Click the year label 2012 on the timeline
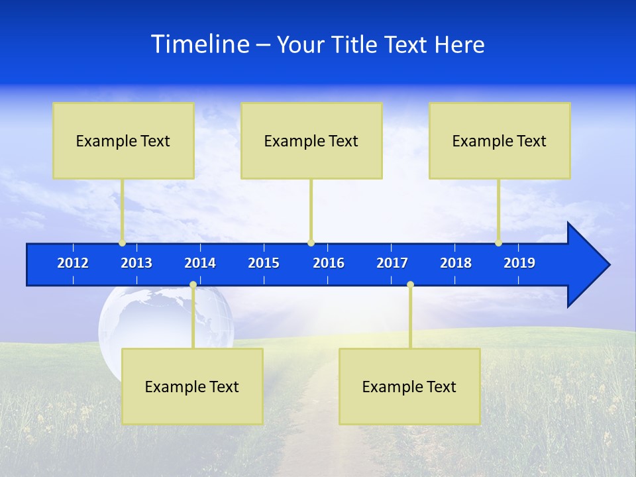(x=73, y=263)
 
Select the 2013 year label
(x=136, y=263)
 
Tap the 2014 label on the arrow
(x=200, y=263)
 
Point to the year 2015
(x=264, y=263)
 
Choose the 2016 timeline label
(x=329, y=263)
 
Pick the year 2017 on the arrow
(x=392, y=263)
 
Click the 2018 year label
(x=456, y=263)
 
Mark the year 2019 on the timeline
(x=519, y=263)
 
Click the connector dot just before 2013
(x=122, y=242)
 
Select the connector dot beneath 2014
(x=193, y=285)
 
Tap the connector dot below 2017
(x=410, y=285)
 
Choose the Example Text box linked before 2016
(x=311, y=140)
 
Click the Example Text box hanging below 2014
(x=192, y=386)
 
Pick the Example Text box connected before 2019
(x=500, y=140)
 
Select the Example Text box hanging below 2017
(x=409, y=386)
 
